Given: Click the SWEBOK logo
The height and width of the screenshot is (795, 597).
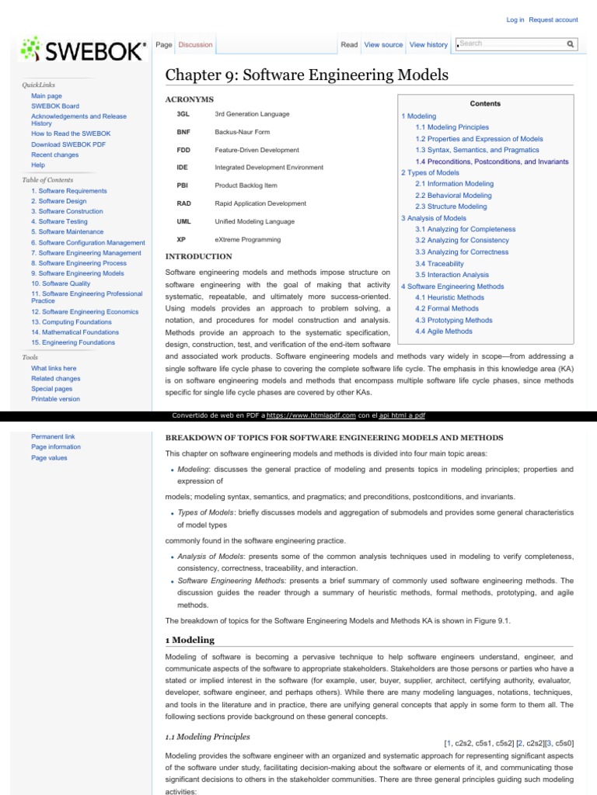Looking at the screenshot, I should pyautogui.click(x=82, y=51).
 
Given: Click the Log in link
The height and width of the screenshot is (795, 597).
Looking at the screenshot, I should pyautogui.click(x=515, y=19).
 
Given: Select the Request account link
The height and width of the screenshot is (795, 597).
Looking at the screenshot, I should pyautogui.click(x=553, y=19).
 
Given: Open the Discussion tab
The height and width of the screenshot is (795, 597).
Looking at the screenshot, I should pyautogui.click(x=195, y=45).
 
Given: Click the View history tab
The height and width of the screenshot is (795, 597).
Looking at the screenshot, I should pyautogui.click(x=428, y=45).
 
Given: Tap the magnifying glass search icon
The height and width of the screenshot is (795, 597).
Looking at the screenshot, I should pyautogui.click(x=570, y=44).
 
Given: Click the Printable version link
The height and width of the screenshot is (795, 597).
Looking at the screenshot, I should pyautogui.click(x=55, y=399).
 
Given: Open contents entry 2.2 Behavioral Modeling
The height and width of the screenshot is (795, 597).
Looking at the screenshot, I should pyautogui.click(x=453, y=196).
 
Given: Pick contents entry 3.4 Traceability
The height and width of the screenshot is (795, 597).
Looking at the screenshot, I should pyautogui.click(x=439, y=264).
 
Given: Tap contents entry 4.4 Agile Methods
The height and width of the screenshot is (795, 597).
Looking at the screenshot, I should pyautogui.click(x=443, y=332).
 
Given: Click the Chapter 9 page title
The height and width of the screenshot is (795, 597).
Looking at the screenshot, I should pyautogui.click(x=307, y=75).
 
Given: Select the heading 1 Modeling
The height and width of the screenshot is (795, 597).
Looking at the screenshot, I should pyautogui.click(x=190, y=640).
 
